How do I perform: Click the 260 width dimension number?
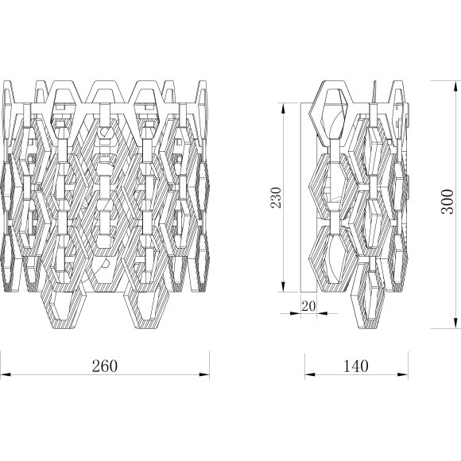tap(105, 366)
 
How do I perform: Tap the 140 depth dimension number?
tap(356, 366)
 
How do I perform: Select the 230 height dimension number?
tap(276, 197)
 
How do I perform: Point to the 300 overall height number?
tap(447, 201)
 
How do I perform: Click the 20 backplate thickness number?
tap(308, 306)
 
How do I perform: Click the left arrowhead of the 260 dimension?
tap(6, 374)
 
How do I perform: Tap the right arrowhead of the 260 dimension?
tap(204, 374)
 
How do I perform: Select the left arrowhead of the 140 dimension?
tap(310, 374)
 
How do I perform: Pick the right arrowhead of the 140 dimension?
tap(403, 374)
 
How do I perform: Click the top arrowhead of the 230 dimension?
tap(283, 108)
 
